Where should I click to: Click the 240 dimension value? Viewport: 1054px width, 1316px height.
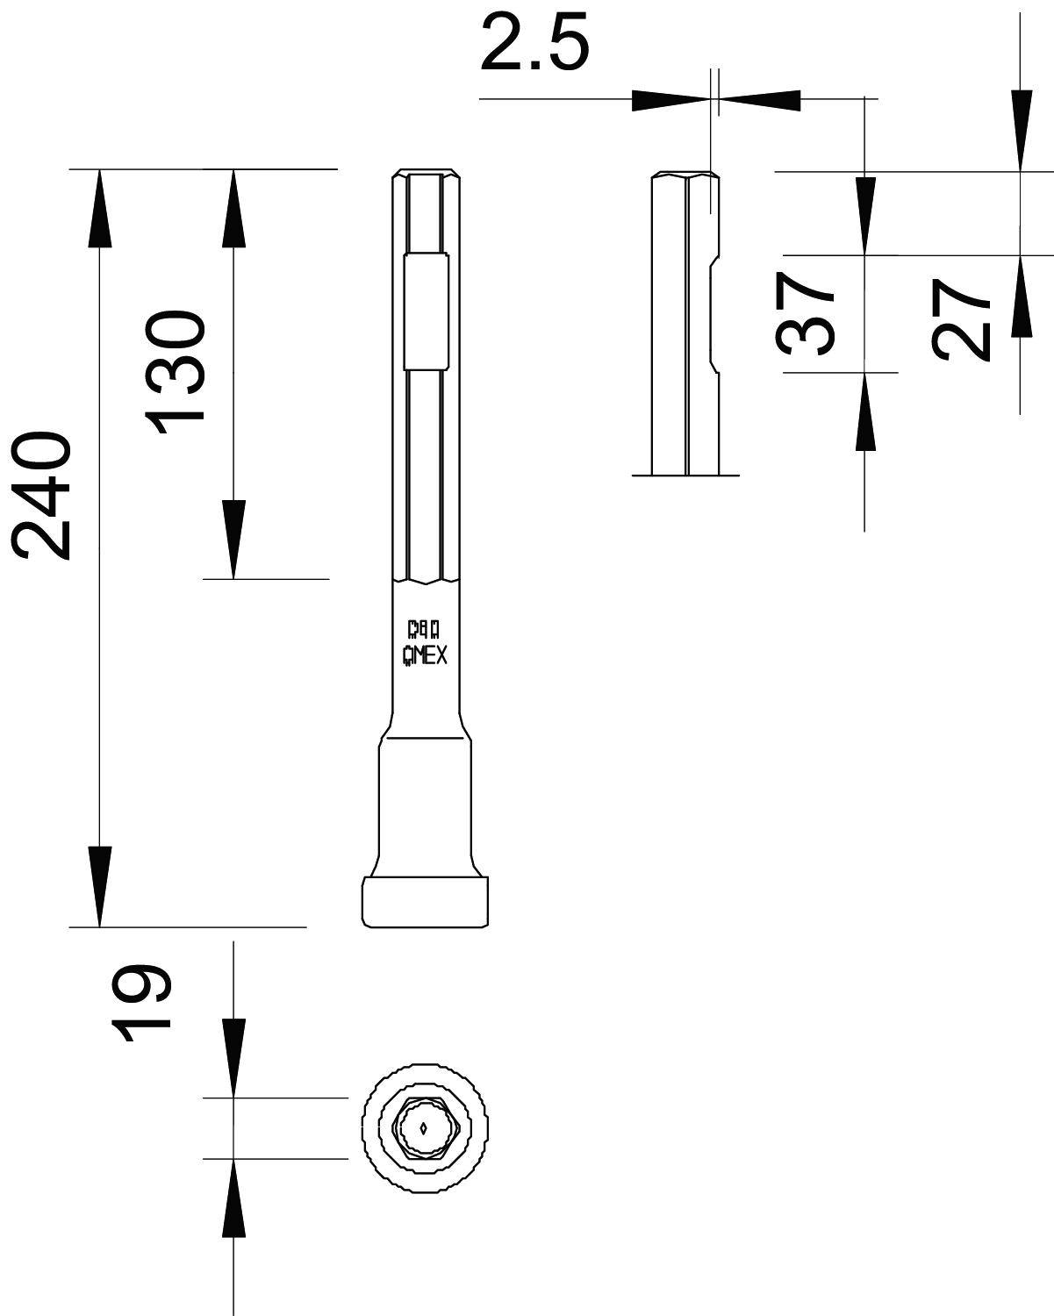click(41, 495)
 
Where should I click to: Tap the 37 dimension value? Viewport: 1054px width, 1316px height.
click(806, 313)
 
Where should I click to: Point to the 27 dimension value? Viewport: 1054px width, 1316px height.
click(962, 319)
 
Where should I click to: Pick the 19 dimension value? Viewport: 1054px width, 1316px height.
click(140, 1003)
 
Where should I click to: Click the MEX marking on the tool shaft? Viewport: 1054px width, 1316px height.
click(425, 655)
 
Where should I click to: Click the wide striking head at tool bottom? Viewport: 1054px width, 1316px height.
click(425, 901)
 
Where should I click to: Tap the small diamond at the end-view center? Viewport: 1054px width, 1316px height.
click(425, 1128)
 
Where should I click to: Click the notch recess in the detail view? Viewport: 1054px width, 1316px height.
click(713, 314)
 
